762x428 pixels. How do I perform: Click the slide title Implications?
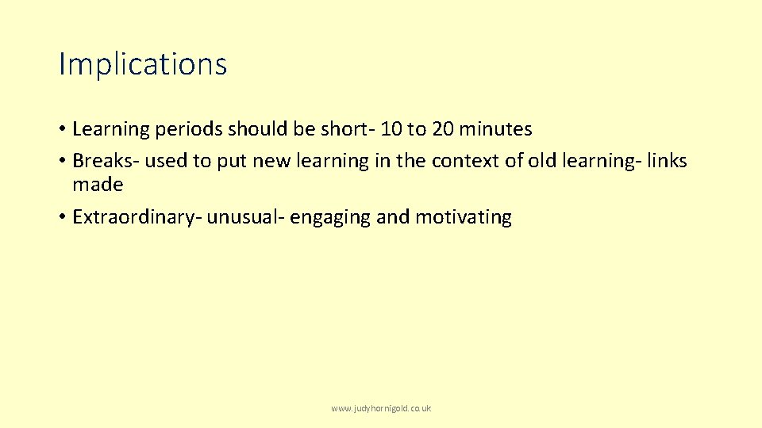pyautogui.click(x=143, y=64)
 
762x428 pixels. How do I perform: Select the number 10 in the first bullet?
pyautogui.click(x=392, y=128)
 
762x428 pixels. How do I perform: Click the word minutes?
pyautogui.click(x=497, y=128)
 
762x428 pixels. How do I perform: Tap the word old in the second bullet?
pyautogui.click(x=545, y=161)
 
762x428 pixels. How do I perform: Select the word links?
pyautogui.click(x=668, y=161)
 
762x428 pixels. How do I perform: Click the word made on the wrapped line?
pyautogui.click(x=98, y=185)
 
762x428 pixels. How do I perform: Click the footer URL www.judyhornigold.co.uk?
pyautogui.click(x=381, y=409)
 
